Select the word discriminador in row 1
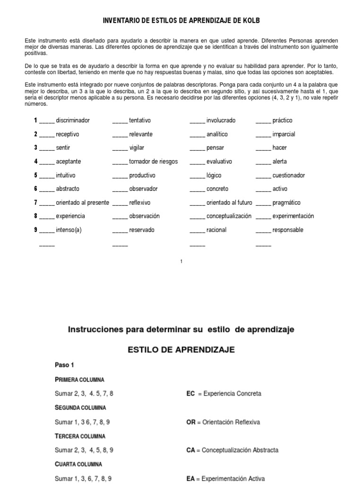tap(73, 121)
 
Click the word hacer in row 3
tap(279, 148)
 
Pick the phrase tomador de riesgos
tap(154, 162)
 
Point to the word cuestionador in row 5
tap(289, 175)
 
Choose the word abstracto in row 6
tap(68, 189)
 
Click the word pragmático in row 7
tap(286, 203)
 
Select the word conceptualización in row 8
tap(229, 216)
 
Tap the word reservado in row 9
tap(142, 230)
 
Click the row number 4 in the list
tap(35, 162)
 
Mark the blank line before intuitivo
tap(47, 176)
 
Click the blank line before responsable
tap(263, 231)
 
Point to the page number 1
tap(181, 261)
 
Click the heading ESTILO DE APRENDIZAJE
tap(181, 350)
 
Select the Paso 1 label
tap(64, 365)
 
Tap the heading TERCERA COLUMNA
tap(79, 436)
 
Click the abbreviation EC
tap(191, 393)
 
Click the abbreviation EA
tap(191, 478)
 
